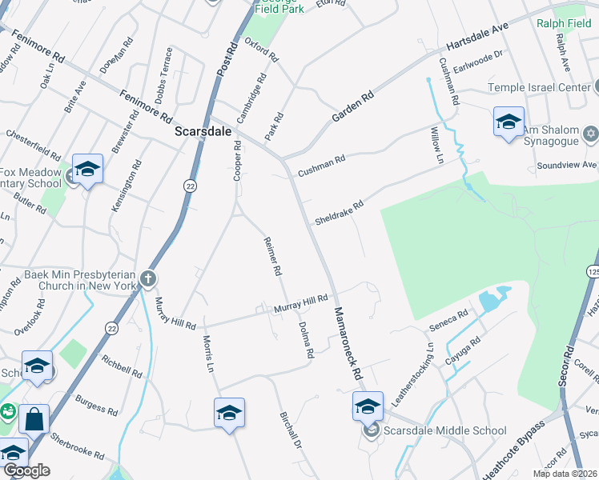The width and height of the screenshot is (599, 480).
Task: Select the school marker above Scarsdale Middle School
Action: tap(368, 409)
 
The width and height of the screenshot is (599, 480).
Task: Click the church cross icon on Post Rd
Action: tap(147, 278)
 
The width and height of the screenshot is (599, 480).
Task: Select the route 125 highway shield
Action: tap(593, 274)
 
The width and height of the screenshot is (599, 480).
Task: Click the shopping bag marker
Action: tap(34, 418)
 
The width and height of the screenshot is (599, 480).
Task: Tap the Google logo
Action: tap(26, 470)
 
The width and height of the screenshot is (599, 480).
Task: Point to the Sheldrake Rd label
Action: tap(340, 212)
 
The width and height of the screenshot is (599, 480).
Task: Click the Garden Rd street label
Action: tap(353, 106)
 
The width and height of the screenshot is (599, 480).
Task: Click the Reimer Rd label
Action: tap(273, 256)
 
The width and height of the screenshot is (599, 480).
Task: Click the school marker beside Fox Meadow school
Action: tap(87, 170)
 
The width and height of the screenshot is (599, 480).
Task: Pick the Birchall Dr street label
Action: tap(290, 431)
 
